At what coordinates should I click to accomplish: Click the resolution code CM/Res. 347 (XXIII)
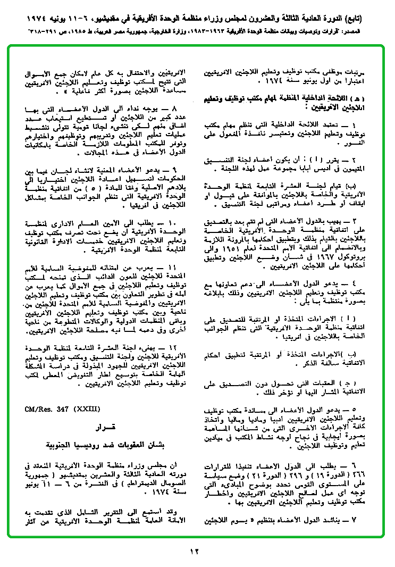(x=62, y=409)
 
